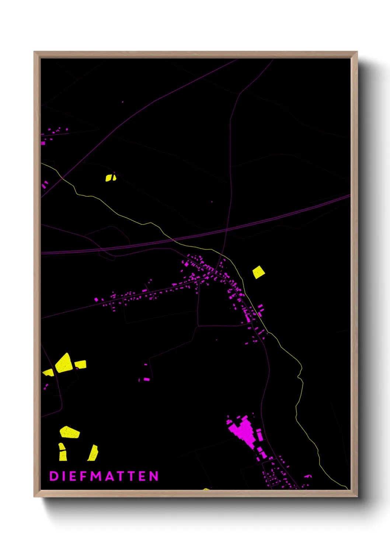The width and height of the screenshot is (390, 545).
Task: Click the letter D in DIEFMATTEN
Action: point(54,476)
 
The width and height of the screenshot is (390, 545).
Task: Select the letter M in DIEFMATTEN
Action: point(97,476)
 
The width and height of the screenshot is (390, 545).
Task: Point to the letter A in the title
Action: point(110,476)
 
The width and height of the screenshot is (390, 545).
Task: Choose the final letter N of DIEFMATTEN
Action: point(154,476)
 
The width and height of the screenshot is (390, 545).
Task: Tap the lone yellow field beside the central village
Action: point(258,272)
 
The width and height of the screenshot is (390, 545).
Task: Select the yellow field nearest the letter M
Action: point(93,453)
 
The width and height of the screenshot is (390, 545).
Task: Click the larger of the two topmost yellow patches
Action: point(108,178)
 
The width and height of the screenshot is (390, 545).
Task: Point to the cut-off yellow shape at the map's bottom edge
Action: point(206,489)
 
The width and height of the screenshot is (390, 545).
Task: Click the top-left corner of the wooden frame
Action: point(34,52)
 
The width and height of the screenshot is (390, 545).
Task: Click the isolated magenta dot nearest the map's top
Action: point(123,102)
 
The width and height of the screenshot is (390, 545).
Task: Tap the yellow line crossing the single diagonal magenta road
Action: point(63,178)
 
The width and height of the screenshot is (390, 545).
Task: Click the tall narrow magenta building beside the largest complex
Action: point(259,435)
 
